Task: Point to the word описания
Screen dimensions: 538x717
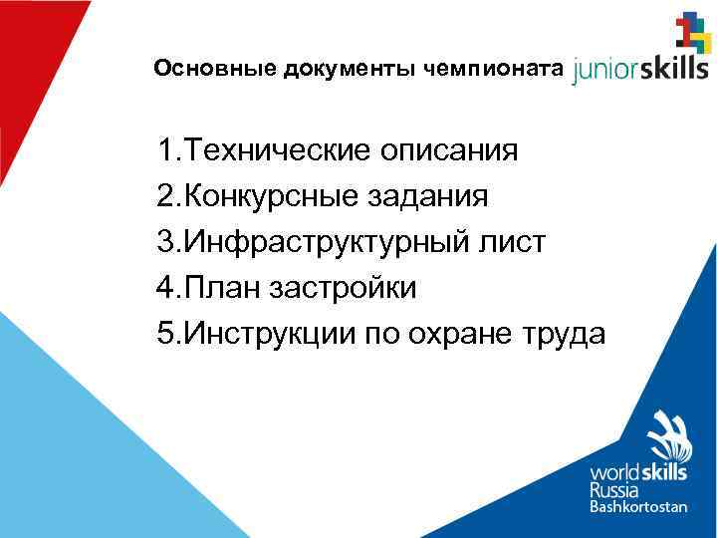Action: click(449, 152)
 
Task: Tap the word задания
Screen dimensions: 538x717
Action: click(433, 198)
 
